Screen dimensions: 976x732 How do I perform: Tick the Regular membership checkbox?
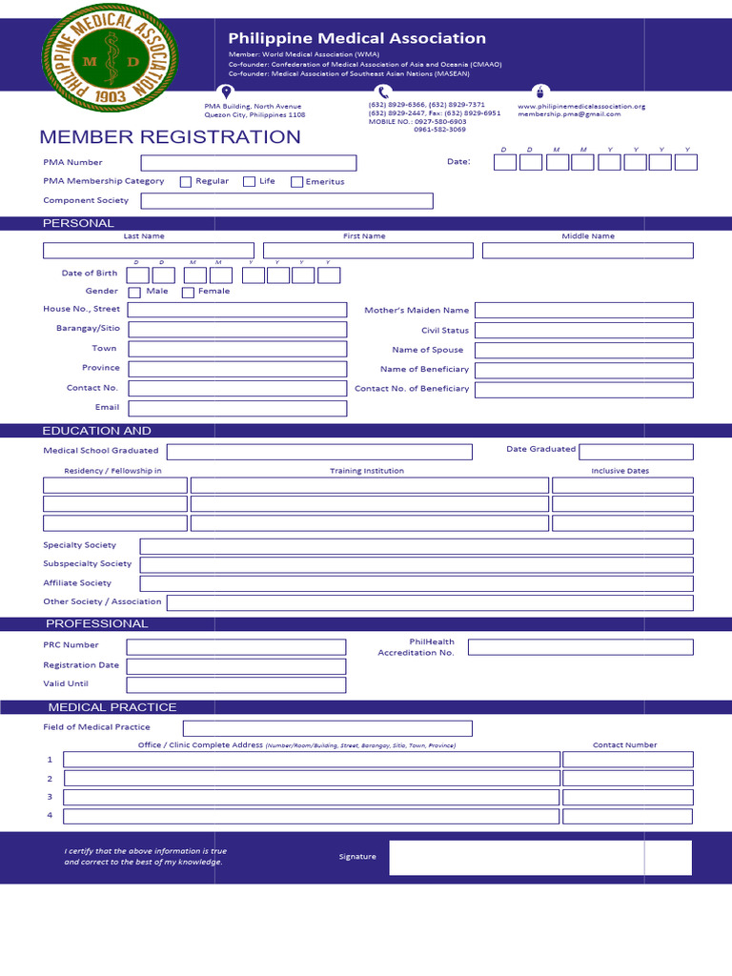click(186, 182)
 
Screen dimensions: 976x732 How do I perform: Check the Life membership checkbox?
click(249, 182)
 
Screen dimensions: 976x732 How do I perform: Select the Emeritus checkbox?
click(296, 182)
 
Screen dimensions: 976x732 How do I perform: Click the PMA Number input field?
click(249, 163)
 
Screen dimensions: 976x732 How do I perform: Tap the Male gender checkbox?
click(134, 293)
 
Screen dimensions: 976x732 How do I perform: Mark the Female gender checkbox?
click(188, 293)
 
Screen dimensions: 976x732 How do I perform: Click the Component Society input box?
click(287, 201)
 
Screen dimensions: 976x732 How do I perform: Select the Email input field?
click(237, 409)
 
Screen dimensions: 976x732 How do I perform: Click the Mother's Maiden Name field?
click(584, 311)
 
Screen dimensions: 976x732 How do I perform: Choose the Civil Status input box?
click(584, 331)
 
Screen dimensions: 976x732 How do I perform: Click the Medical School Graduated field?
click(319, 452)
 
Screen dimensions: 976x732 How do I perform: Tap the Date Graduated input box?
click(636, 452)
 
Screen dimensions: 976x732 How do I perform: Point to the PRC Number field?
click(236, 647)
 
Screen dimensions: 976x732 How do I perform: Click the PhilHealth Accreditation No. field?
click(580, 647)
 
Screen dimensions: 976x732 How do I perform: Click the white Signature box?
click(540, 858)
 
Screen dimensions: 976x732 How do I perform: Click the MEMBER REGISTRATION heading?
click(170, 137)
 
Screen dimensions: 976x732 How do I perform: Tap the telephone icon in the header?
click(383, 92)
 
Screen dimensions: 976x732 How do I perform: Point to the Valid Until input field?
click(236, 685)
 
